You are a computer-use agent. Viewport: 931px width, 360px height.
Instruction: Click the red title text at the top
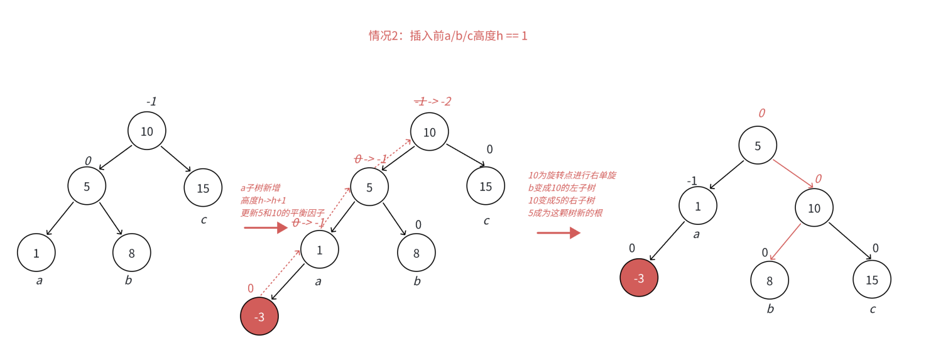click(x=448, y=36)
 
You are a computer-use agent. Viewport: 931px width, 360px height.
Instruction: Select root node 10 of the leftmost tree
click(x=146, y=131)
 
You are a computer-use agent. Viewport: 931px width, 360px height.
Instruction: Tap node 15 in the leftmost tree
click(x=203, y=188)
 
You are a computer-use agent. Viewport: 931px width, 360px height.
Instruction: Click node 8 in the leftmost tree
click(x=132, y=253)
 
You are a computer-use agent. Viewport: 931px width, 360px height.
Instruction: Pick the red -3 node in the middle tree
click(x=259, y=317)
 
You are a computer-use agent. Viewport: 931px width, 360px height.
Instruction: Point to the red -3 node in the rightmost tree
click(x=639, y=278)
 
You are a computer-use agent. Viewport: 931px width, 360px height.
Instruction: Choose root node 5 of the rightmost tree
click(x=758, y=145)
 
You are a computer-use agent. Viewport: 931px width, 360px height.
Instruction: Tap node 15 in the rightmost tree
click(x=872, y=279)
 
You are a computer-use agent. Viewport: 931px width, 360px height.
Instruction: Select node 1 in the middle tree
click(x=320, y=249)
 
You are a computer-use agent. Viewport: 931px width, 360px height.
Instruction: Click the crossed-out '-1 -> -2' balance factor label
click(x=433, y=101)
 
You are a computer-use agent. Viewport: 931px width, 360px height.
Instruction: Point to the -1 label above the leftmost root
click(x=151, y=101)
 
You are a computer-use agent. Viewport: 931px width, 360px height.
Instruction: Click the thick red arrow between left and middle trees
click(x=265, y=227)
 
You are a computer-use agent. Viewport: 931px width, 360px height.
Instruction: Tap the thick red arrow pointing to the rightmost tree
click(x=558, y=233)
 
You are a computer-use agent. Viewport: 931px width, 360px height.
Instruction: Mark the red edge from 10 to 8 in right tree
click(x=786, y=241)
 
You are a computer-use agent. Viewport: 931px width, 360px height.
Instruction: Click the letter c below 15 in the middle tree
click(x=486, y=221)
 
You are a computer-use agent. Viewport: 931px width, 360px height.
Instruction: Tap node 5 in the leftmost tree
click(x=87, y=186)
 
